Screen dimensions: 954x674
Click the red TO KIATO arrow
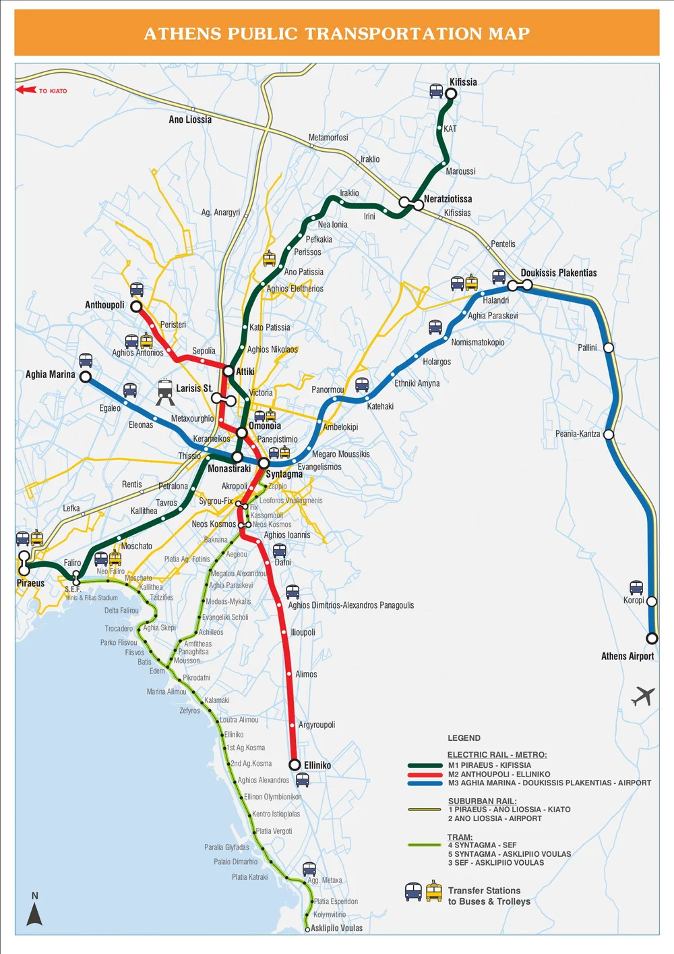coord(26,90)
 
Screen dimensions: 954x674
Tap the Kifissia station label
coord(463,82)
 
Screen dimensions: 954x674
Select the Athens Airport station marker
coord(652,638)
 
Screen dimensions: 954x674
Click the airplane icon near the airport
coord(643,696)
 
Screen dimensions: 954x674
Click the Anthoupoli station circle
coord(136,307)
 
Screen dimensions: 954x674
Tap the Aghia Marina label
coord(51,374)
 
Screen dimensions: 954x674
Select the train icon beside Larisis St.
coord(165,391)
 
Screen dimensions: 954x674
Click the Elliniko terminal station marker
coord(295,764)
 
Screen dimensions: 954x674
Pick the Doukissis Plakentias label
coord(559,273)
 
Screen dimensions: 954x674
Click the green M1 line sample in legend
coord(425,765)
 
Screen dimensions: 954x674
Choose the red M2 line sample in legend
coord(425,775)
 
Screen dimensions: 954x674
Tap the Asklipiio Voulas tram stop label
coord(336,928)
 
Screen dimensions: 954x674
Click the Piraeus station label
coord(30,583)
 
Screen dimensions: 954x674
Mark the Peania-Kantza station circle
coord(609,434)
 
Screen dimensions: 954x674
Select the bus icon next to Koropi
coord(636,587)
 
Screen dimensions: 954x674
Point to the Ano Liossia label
coord(190,119)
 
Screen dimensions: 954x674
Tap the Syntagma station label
coord(284,474)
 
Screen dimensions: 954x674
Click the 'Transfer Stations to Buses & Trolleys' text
coord(489,896)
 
